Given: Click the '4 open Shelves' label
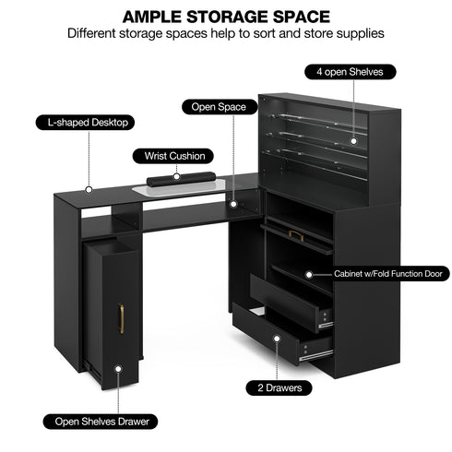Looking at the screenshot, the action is pos(351,72).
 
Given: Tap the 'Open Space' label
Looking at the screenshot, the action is pos(220,107).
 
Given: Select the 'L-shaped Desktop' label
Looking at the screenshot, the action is pos(85,123).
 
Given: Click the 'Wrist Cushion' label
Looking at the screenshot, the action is pos(173,156).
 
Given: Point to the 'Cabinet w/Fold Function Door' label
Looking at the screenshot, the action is pos(388,274).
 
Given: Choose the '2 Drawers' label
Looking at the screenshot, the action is pos(280,387).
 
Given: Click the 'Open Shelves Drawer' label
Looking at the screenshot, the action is pos(101,422).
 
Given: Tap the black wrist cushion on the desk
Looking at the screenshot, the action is pos(181,179).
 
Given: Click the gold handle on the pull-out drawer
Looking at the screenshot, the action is pos(122,318).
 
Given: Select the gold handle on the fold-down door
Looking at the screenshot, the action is pos(296,235).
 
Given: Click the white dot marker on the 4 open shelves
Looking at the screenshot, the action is pos(353,141).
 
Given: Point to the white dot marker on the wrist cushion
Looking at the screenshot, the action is pos(176,176).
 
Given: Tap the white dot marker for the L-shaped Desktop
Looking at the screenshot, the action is pos(89,190).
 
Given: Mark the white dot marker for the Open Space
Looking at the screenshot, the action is pos(233,204).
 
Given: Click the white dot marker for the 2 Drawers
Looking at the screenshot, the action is pos(277,339).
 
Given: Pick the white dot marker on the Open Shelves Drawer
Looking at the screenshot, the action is pos(118,368).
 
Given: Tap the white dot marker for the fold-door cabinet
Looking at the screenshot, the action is pos(309,274).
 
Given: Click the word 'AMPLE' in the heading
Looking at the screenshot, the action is pos(152,17).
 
